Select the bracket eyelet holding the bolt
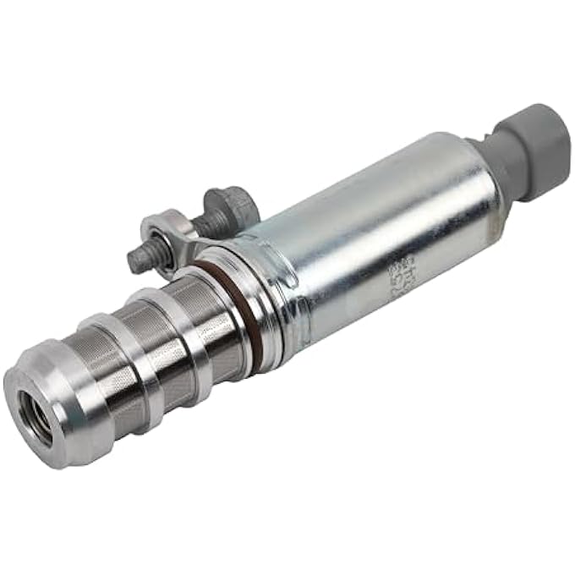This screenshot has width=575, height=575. pyautogui.click(x=161, y=230)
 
